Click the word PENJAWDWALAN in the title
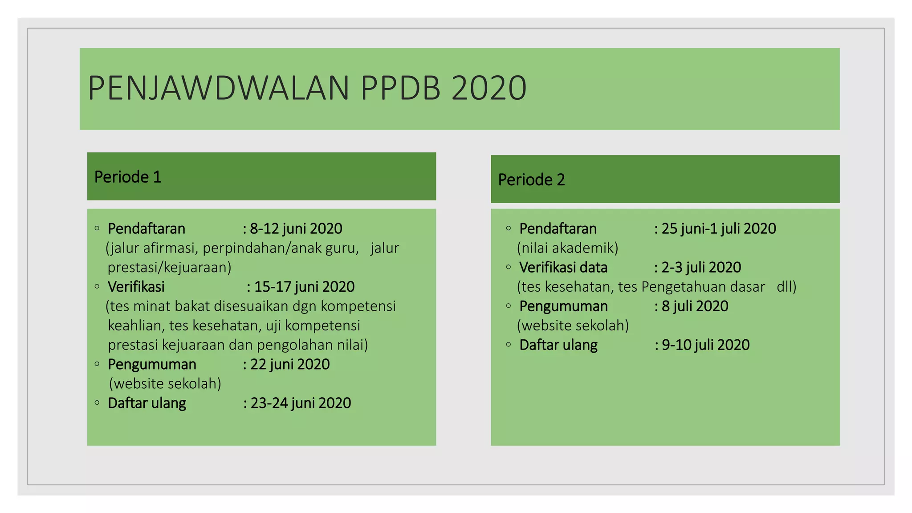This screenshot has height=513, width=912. pyautogui.click(x=219, y=88)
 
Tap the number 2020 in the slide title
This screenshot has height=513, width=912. pyautogui.click(x=489, y=88)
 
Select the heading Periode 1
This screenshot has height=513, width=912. pyautogui.click(x=128, y=177)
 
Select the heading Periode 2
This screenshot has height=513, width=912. pyautogui.click(x=531, y=180)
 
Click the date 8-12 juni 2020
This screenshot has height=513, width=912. pyautogui.click(x=296, y=229)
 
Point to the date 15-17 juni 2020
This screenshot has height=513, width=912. pyautogui.click(x=305, y=287)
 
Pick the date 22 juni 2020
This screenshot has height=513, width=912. pyautogui.click(x=290, y=364)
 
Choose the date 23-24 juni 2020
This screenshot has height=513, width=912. pyautogui.click(x=301, y=403)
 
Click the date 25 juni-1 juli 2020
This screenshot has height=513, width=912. pyautogui.click(x=719, y=229)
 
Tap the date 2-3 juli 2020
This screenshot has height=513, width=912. pyautogui.click(x=701, y=268)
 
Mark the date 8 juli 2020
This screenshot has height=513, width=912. pyautogui.click(x=695, y=306)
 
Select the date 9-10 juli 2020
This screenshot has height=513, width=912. pyautogui.click(x=706, y=345)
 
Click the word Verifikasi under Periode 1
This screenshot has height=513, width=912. pyautogui.click(x=136, y=287)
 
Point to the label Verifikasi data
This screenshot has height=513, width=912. pyautogui.click(x=563, y=268)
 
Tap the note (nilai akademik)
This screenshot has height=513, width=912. pyautogui.click(x=568, y=248)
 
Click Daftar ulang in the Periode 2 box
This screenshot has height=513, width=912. pyautogui.click(x=558, y=345)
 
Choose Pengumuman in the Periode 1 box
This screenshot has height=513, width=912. pyautogui.click(x=152, y=364)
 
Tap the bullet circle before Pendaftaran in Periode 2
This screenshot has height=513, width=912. pyautogui.click(x=509, y=228)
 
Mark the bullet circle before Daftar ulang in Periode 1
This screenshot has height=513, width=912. pyautogui.click(x=97, y=403)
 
